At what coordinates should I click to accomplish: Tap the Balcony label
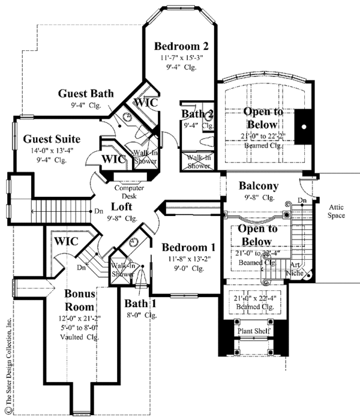256,185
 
